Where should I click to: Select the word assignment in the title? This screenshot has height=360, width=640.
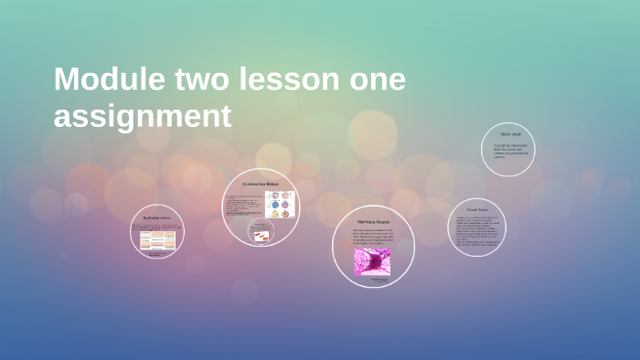142,116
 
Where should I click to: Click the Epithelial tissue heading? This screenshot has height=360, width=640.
157,217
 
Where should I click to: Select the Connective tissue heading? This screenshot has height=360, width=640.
260,184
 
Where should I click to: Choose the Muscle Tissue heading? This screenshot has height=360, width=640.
477,210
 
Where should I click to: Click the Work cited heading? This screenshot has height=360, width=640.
509,134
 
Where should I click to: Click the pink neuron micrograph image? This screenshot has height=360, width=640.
372,261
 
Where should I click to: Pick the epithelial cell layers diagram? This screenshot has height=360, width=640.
157,239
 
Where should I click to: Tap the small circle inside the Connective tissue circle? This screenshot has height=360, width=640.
261,232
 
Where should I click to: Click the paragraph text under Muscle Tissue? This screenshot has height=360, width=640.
477,231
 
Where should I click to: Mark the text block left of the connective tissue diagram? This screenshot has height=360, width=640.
243,205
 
